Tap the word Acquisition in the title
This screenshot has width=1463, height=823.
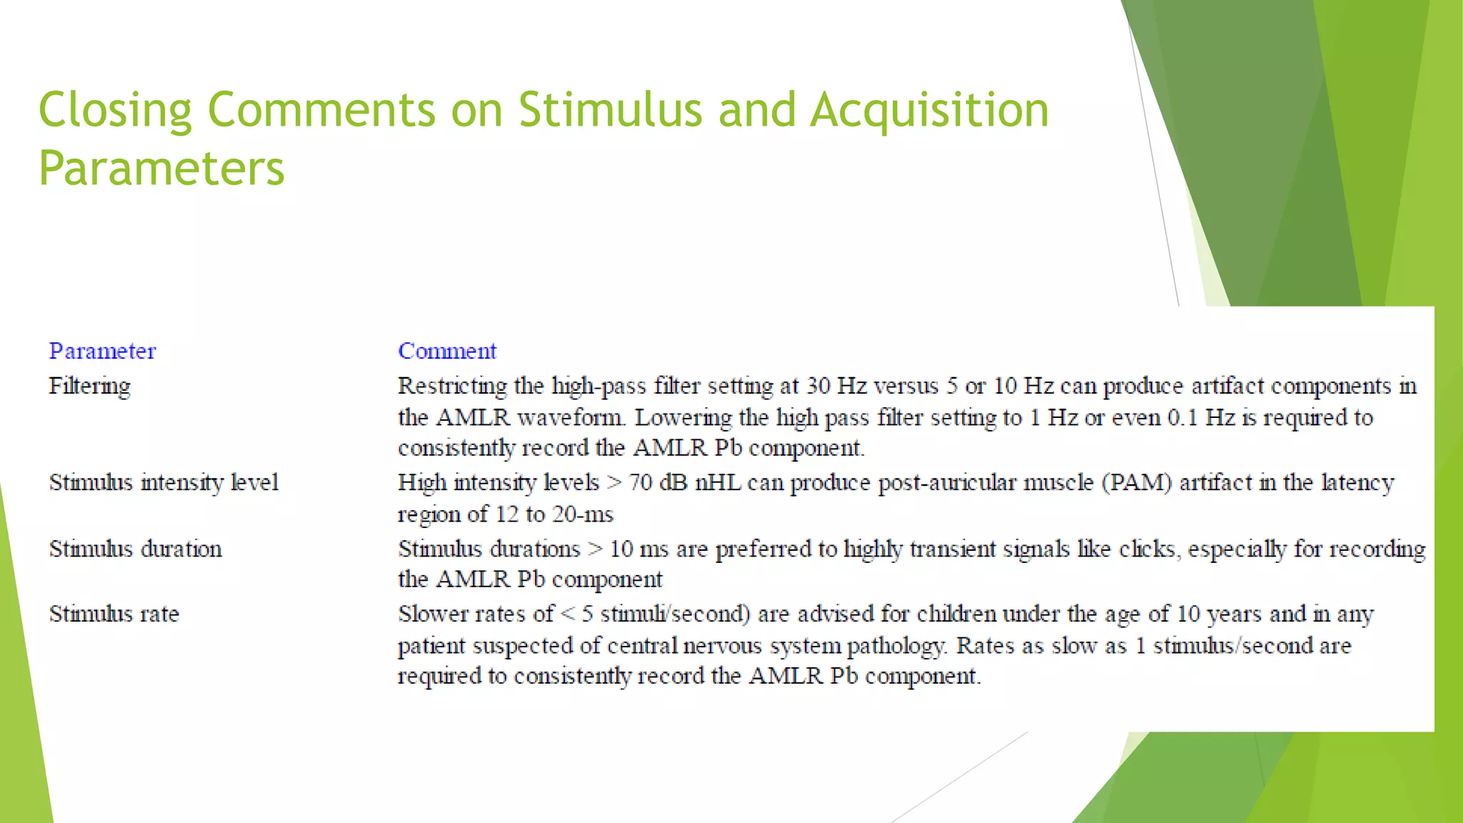pos(929,110)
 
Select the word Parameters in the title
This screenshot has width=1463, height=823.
pos(161,169)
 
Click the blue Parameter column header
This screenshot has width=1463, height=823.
pos(102,351)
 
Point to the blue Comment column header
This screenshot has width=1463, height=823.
pos(447,351)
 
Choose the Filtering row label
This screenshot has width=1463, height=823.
pos(89,386)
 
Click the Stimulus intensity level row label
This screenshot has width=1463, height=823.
pos(164,483)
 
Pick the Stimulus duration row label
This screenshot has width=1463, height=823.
pos(135,549)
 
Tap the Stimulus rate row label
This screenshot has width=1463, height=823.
pos(114,614)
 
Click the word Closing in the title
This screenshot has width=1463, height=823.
pos(115,110)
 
